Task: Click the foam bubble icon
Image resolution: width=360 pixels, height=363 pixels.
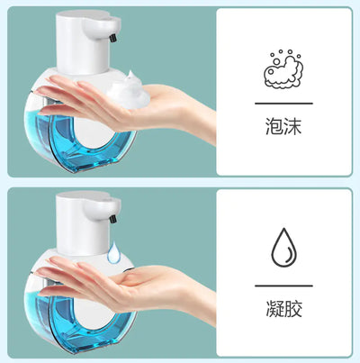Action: click(283, 68)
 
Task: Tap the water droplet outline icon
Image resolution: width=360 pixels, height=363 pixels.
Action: click(283, 248)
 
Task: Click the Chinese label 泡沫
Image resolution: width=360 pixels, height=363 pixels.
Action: click(283, 126)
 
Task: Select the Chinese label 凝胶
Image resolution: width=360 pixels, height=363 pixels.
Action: click(283, 308)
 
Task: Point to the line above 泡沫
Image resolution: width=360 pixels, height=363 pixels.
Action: click(283, 104)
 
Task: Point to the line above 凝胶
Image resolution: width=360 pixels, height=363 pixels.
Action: click(283, 286)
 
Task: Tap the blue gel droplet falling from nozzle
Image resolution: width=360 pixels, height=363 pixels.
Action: click(114, 252)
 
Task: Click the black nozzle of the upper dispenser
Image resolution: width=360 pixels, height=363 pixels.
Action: click(113, 37)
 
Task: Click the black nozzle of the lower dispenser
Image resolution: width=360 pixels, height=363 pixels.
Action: click(113, 219)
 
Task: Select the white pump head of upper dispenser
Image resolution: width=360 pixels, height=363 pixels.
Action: click(87, 42)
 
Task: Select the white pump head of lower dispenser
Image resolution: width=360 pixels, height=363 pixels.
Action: click(87, 223)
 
